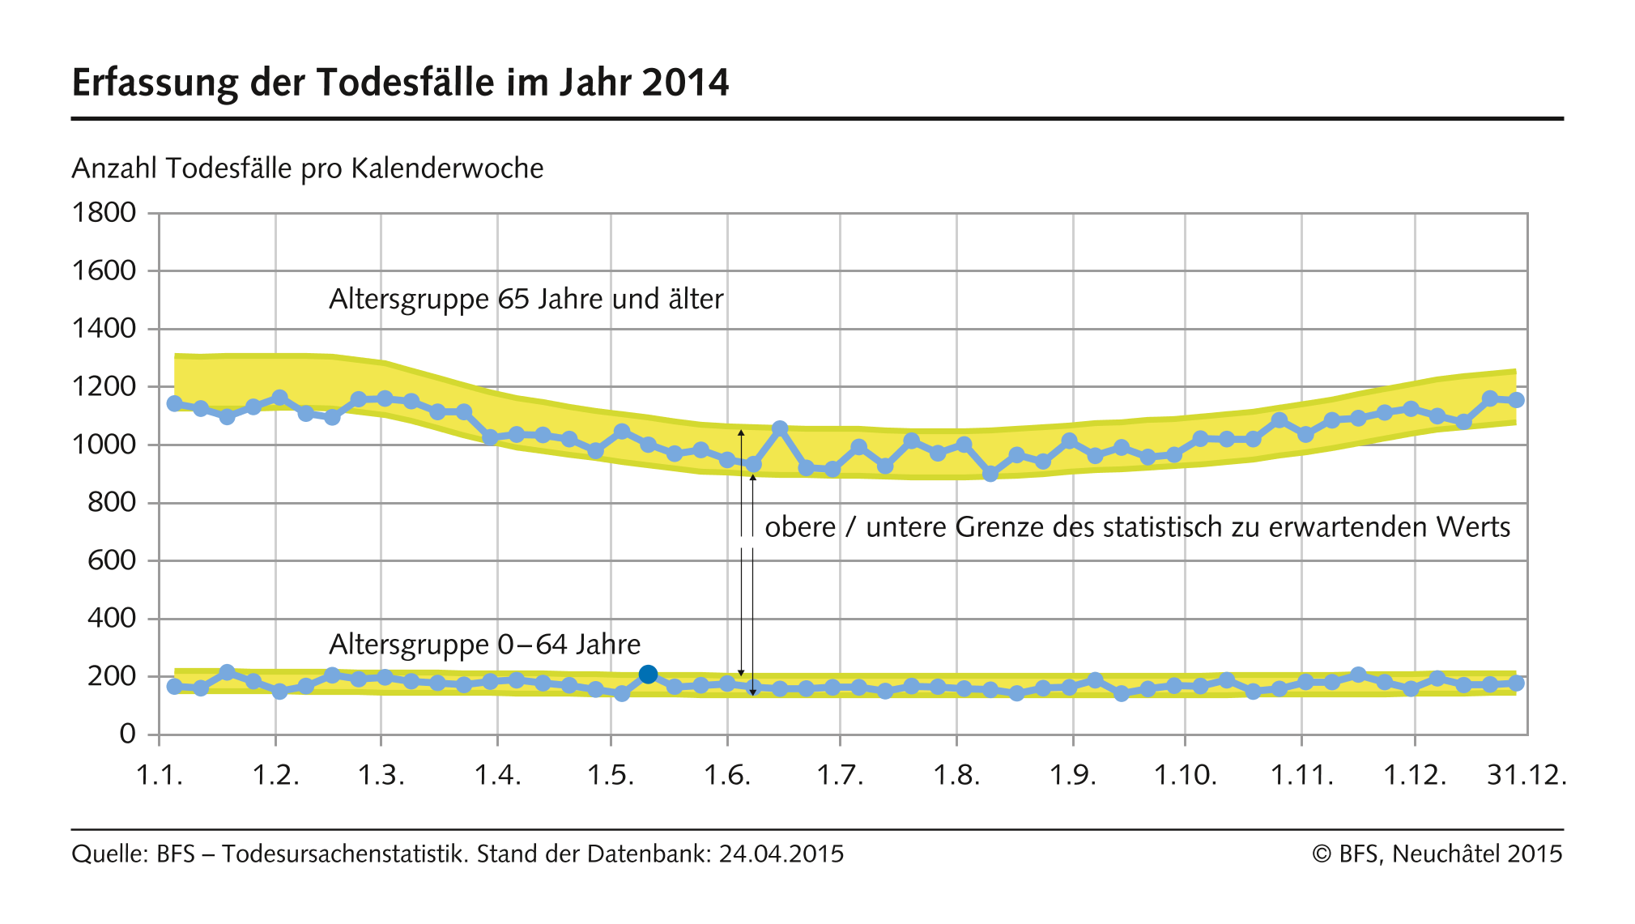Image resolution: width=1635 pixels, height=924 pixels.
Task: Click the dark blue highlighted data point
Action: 648,674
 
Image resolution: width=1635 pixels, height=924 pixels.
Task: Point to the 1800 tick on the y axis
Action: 104,213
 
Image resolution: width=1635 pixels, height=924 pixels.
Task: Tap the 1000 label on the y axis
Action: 104,445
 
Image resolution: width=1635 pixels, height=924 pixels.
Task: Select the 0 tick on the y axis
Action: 127,734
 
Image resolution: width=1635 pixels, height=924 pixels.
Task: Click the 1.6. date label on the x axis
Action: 727,776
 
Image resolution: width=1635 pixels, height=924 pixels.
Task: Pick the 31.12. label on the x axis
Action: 1526,776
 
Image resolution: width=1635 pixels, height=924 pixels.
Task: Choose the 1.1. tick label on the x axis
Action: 160,776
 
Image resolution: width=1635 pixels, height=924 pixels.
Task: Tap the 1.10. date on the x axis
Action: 1185,776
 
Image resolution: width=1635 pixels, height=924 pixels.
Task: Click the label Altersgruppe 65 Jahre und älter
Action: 526,299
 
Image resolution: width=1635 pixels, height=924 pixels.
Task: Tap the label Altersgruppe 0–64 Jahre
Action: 484,645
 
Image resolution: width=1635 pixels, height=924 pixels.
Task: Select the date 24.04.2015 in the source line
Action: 781,854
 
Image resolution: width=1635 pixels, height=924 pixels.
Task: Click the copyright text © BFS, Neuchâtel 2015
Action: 1437,854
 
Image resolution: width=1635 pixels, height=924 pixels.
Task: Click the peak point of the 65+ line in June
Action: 780,428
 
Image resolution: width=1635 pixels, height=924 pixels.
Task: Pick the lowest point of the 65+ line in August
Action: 990,474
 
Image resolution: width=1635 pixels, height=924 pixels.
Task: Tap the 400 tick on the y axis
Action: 112,618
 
